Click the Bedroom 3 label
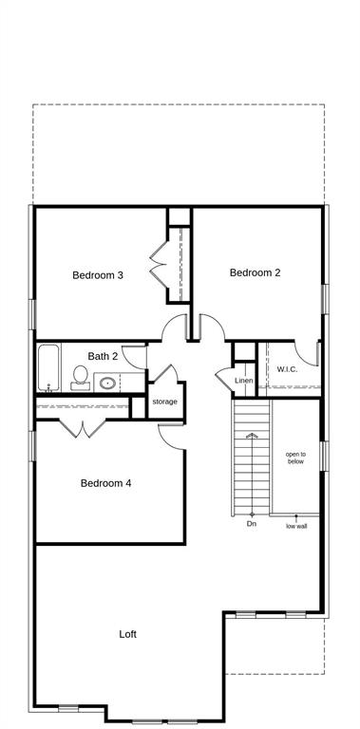[x=98, y=275]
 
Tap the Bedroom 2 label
[x=255, y=272]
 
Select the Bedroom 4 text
[x=105, y=483]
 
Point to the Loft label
[x=128, y=634]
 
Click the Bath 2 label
[x=103, y=356]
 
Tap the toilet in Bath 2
[x=81, y=378]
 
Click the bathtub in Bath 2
[x=48, y=368]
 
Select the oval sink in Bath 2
[x=107, y=383]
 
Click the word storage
[x=164, y=402]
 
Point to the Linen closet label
[x=244, y=381]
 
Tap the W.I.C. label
[x=288, y=369]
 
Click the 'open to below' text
[x=295, y=458]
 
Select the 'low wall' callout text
[x=296, y=526]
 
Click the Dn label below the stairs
[x=252, y=524]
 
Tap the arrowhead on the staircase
[x=252, y=436]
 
